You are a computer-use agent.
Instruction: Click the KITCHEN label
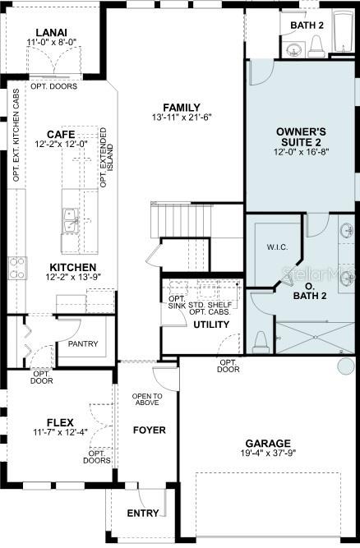[x=73, y=268]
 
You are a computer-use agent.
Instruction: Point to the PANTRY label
[x=83, y=343]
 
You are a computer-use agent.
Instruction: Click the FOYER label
[x=149, y=430]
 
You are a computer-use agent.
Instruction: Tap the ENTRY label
[x=143, y=513]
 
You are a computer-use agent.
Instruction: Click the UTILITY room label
[x=210, y=325]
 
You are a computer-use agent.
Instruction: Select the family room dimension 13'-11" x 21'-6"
[x=182, y=117]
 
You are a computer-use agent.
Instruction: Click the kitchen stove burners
[x=16, y=267]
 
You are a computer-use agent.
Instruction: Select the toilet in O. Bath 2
[x=261, y=339]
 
